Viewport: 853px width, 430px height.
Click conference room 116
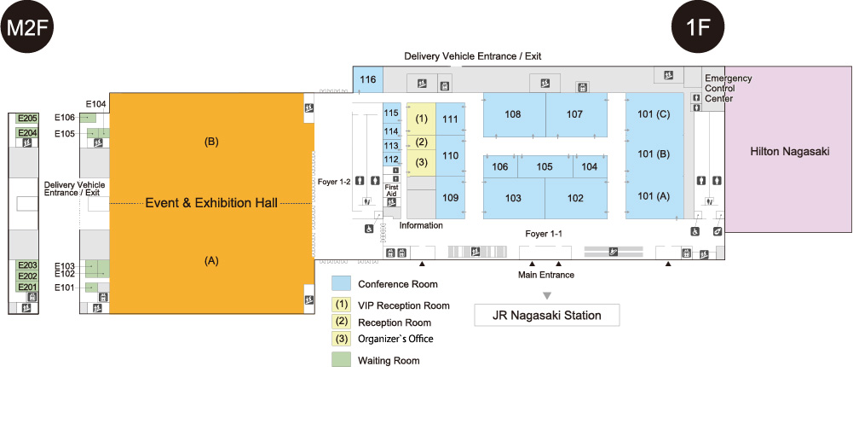click(367, 80)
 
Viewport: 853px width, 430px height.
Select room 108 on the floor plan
click(513, 114)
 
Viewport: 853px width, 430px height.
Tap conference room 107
click(574, 114)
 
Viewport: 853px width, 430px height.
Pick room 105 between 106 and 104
click(545, 167)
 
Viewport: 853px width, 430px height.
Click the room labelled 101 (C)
click(654, 113)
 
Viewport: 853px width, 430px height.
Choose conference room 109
click(451, 199)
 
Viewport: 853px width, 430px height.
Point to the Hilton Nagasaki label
click(789, 151)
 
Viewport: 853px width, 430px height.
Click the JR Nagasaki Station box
click(546, 315)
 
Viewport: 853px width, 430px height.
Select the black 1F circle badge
click(699, 27)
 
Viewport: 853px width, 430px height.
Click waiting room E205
click(27, 119)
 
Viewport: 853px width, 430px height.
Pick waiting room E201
click(27, 288)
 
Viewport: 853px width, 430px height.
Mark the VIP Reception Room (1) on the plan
click(421, 118)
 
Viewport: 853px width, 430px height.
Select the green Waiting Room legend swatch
click(342, 360)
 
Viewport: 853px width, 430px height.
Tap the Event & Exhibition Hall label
click(211, 203)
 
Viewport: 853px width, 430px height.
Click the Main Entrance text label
click(546, 275)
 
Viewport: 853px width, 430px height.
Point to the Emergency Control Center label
click(729, 89)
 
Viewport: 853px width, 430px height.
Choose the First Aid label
click(392, 190)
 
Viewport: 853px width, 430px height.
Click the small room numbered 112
click(391, 160)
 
